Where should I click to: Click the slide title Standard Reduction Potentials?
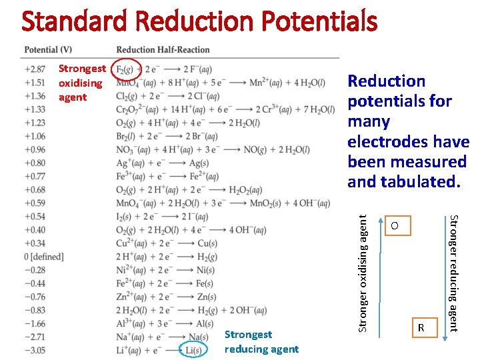199,22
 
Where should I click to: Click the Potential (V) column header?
48,50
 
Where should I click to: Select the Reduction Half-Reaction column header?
163,50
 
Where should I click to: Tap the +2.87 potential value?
35,69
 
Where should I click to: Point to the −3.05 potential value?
35,350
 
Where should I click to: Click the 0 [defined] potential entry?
43,257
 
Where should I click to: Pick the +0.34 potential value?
35,243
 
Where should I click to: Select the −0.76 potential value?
35,297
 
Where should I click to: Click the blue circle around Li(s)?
193,350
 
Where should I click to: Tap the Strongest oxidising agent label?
81,83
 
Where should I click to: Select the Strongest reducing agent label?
261,342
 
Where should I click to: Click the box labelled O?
394,227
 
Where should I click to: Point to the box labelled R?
421,328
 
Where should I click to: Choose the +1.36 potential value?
35,96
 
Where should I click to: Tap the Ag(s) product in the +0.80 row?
195,163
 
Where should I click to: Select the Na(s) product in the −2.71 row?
198,337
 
